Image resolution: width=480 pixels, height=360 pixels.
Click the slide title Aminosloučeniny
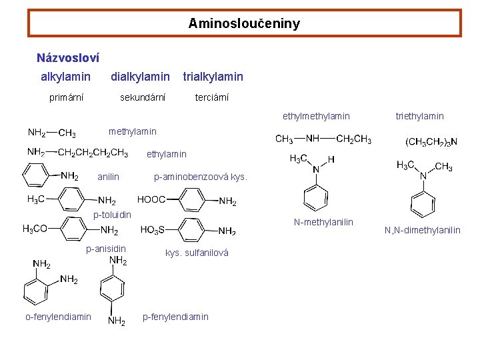244,23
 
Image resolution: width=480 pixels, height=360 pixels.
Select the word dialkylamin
140,77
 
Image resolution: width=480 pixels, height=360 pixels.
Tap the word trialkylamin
213,77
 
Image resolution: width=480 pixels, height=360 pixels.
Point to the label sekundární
143,97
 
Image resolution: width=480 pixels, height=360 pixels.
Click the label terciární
211,97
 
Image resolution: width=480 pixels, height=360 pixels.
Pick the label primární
67,97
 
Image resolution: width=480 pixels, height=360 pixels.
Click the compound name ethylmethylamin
316,117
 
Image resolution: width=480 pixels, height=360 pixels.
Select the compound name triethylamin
419,117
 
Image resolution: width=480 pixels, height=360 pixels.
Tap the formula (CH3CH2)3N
431,141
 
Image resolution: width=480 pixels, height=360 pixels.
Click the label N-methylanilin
323,222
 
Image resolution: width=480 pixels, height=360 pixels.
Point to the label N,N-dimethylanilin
421,231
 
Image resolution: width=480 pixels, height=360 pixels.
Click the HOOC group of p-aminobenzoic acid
151,199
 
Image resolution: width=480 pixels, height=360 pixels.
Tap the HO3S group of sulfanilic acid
153,230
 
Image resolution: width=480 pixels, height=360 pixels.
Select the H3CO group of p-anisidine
35,229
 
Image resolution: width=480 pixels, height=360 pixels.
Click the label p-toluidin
112,215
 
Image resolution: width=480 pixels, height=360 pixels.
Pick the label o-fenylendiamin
59,317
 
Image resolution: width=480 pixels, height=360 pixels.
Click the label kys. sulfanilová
197,253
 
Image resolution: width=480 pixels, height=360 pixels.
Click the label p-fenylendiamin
175,317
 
